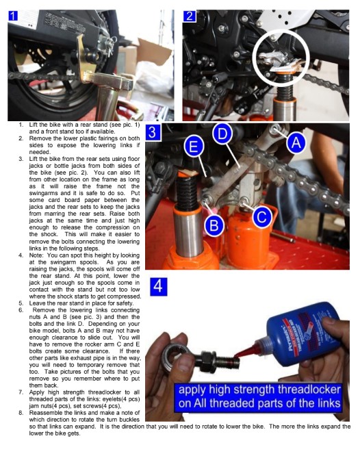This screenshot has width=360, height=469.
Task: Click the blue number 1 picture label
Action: (x=13, y=16)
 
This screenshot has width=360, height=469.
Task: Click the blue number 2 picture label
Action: (x=190, y=16)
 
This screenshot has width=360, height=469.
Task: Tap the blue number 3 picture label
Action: (x=153, y=133)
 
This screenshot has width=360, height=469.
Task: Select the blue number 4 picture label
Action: (x=158, y=287)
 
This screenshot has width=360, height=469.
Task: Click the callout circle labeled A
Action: (x=296, y=143)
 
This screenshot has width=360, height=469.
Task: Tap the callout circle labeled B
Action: (x=214, y=225)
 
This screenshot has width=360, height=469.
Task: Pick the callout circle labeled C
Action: (x=262, y=217)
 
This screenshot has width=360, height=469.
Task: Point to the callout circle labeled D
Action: (x=222, y=134)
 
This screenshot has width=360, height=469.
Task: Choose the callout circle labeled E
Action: (x=194, y=147)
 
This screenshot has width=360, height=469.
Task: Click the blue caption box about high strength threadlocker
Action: (x=259, y=396)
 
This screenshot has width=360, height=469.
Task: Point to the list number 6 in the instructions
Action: (x=21, y=310)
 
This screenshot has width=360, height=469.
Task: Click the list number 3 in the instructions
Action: (x=21, y=159)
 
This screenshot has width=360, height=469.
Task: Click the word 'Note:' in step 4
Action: (x=36, y=255)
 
